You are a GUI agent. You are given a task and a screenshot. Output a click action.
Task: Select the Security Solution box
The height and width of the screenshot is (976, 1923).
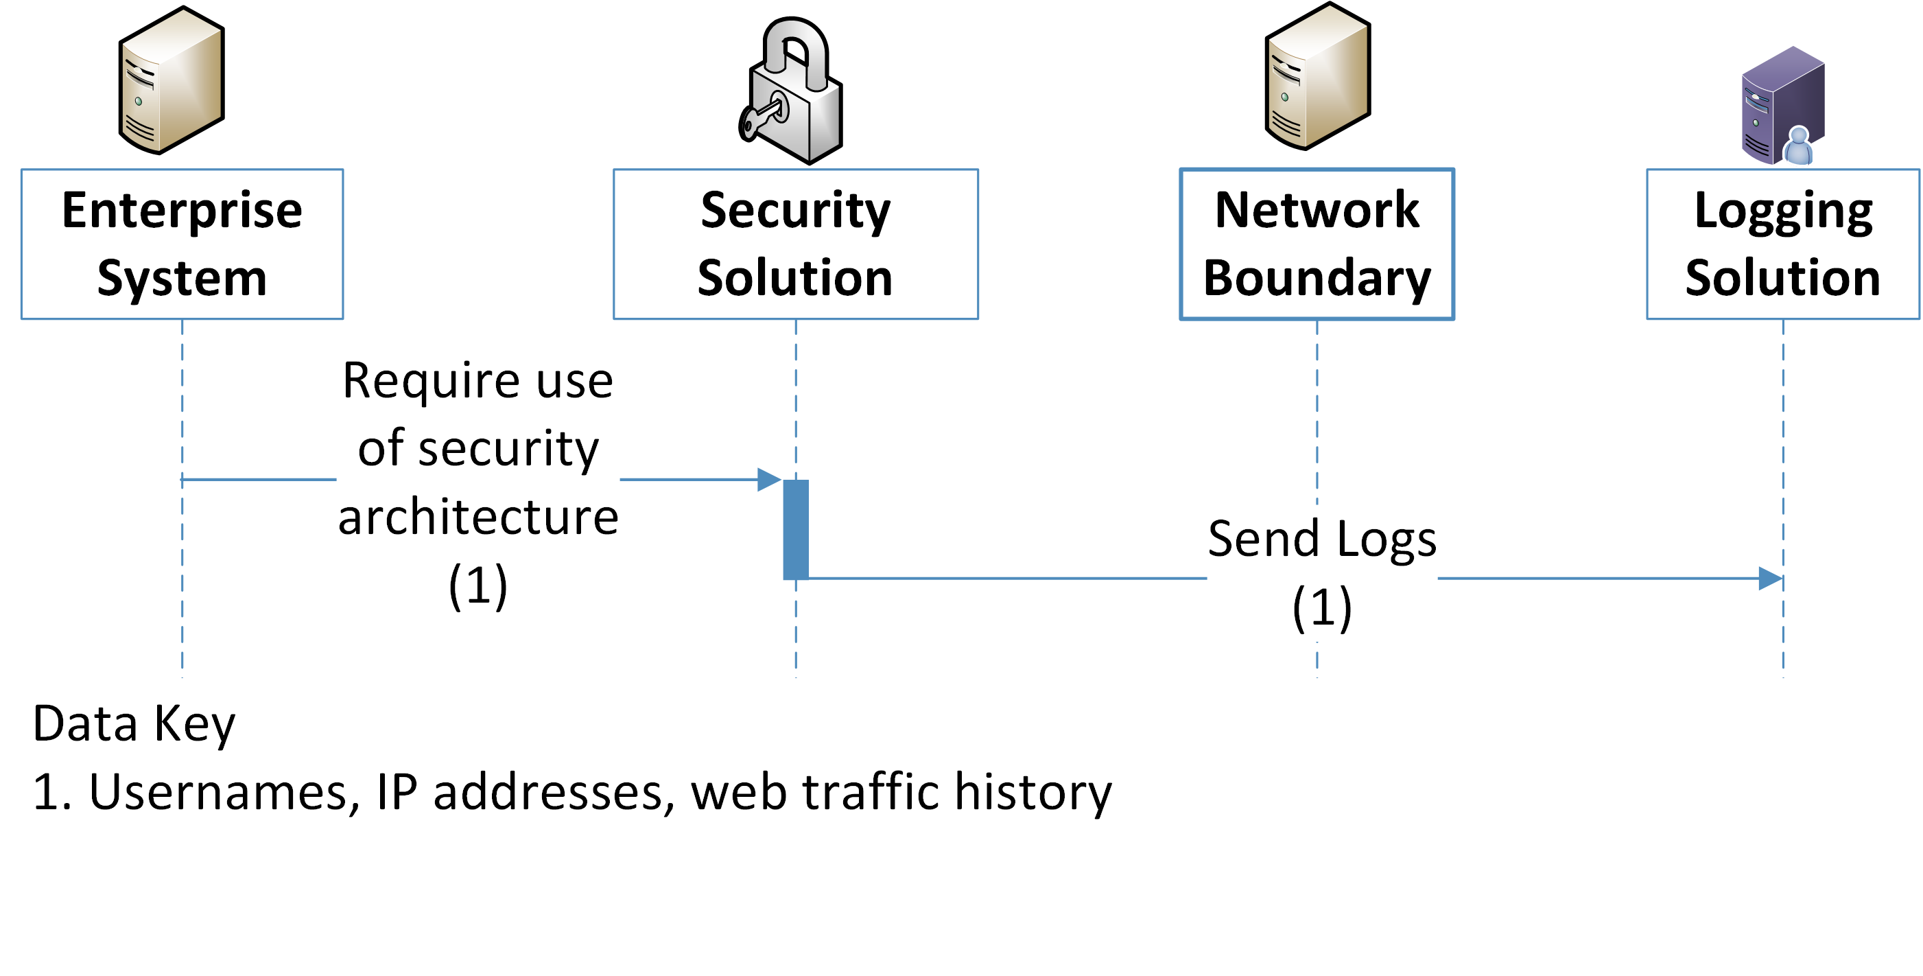tap(795, 244)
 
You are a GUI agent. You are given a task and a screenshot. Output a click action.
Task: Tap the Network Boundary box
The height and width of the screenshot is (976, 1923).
tap(1316, 244)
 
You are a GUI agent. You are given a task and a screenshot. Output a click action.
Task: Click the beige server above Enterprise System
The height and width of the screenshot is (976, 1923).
tap(171, 81)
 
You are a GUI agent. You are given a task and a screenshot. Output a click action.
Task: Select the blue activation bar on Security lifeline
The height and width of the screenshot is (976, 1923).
tap(795, 528)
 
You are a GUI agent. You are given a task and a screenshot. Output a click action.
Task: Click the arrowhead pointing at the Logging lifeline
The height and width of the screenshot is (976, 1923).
tap(1770, 578)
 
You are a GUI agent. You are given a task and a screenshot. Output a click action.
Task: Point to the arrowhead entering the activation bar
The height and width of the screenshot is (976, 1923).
tap(769, 479)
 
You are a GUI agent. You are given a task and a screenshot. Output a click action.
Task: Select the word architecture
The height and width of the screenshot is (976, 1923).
tap(477, 517)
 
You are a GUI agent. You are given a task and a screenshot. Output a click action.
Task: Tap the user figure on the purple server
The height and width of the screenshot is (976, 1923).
tap(1799, 146)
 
